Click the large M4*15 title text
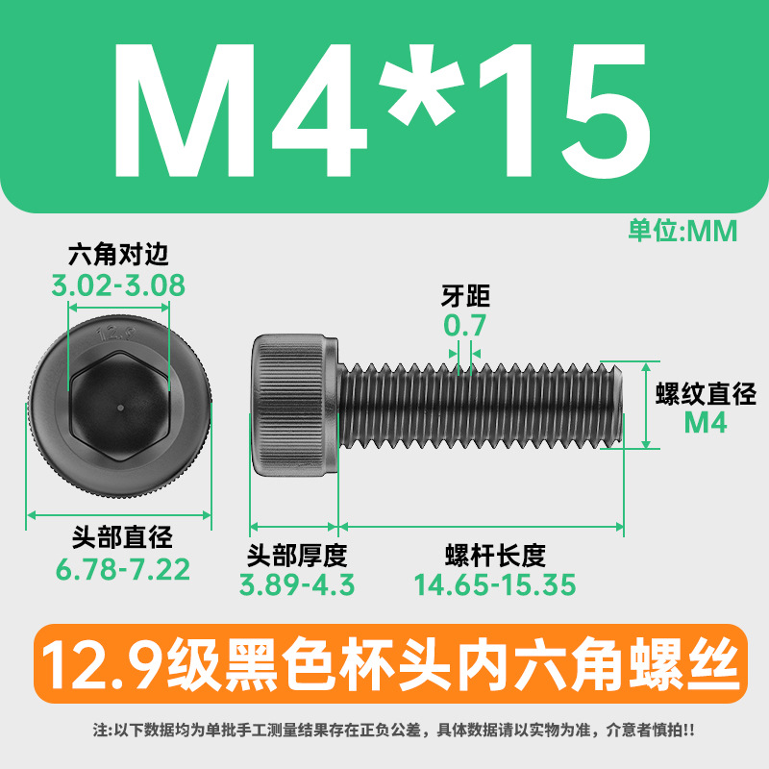tap(383, 111)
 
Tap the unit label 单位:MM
tap(682, 231)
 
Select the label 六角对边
tap(118, 255)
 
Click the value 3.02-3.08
tap(118, 285)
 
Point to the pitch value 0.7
tap(464, 325)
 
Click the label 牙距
tap(465, 296)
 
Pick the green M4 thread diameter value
tap(706, 423)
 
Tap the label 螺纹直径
tap(706, 394)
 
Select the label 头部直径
tap(122, 537)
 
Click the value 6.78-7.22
tap(123, 569)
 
